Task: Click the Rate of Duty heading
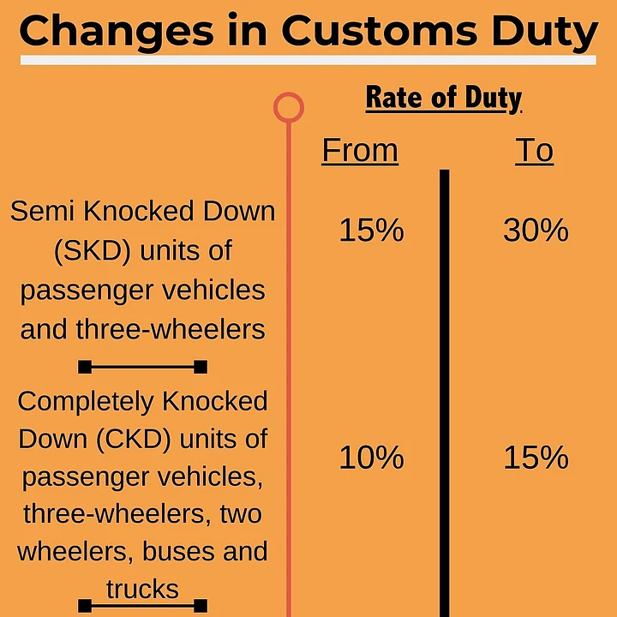[x=443, y=99]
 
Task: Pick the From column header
[x=360, y=151]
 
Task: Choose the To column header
[x=534, y=151]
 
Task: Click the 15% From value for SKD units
[x=371, y=231]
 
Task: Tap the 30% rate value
[x=536, y=231]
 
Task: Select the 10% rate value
[x=371, y=458]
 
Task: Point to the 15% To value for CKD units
[x=536, y=458]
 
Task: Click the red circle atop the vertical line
[x=288, y=108]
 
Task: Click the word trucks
[x=142, y=589]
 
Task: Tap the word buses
[x=172, y=551]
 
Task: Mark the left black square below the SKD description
[x=85, y=368]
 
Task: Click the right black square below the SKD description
[x=201, y=368]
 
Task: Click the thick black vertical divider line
[x=444, y=386]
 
